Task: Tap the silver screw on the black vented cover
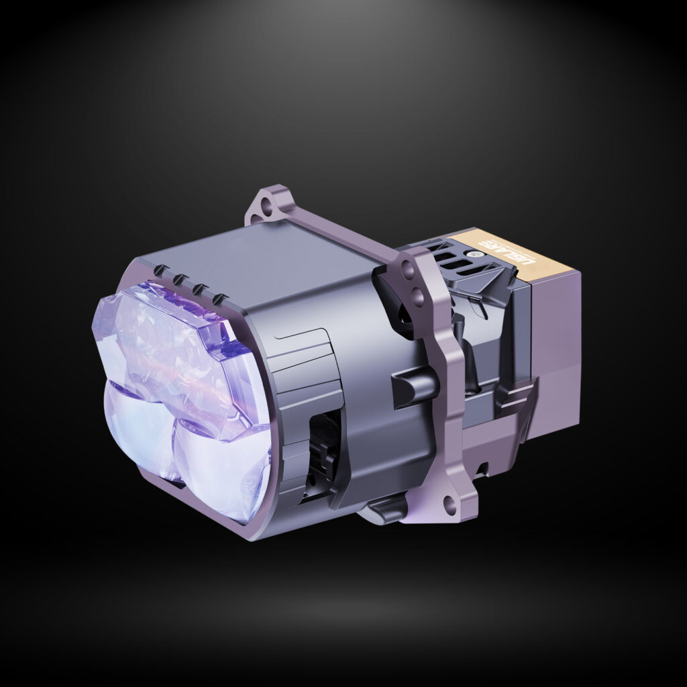(x=475, y=255)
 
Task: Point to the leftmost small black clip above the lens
(x=159, y=270)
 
